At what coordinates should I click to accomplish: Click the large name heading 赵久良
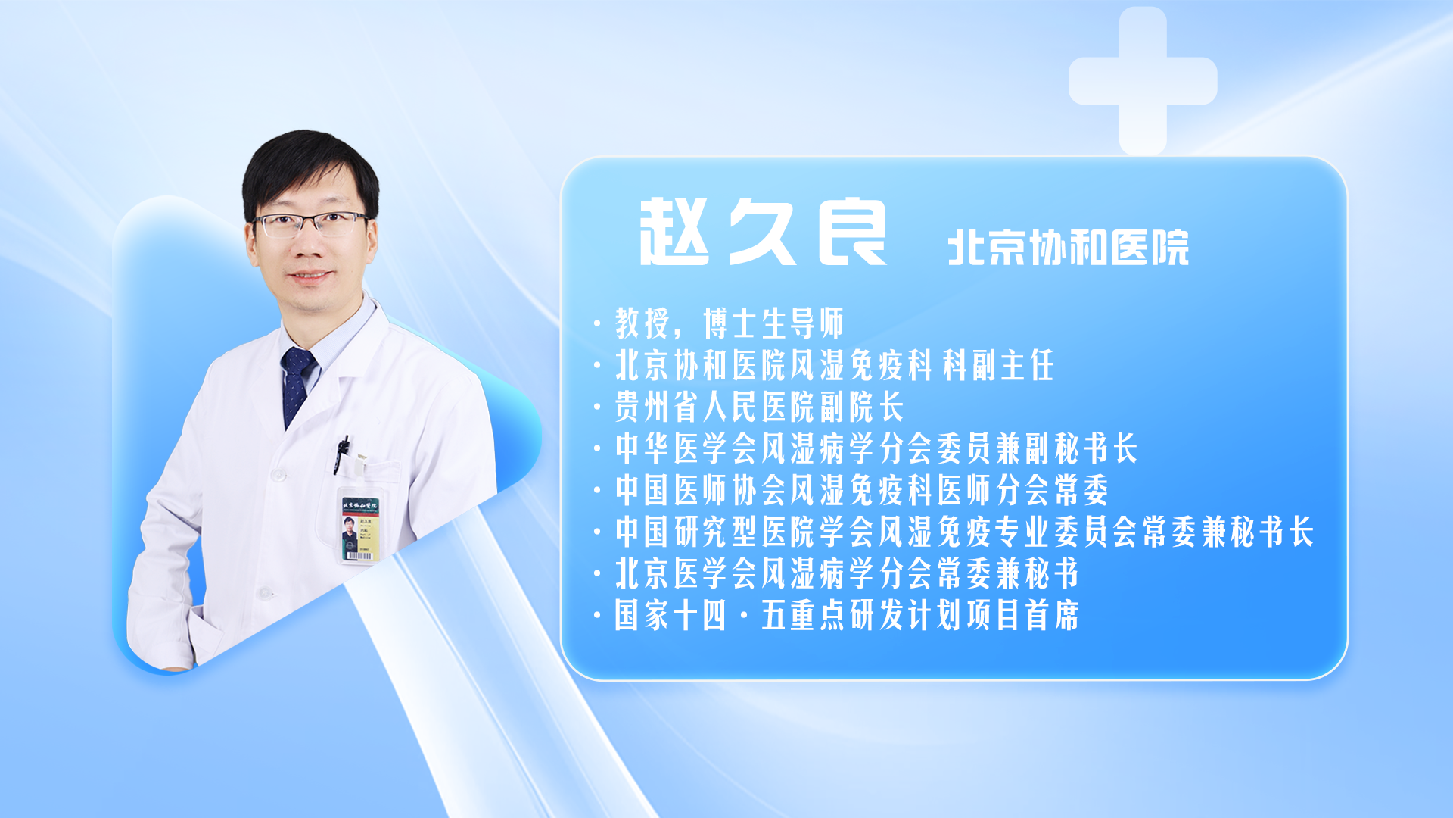[763, 232]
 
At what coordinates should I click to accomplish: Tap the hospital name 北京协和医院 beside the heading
[1068, 248]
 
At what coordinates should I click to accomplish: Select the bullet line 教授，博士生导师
[729, 323]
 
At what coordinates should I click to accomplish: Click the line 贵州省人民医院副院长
[759, 407]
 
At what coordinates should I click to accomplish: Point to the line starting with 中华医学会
[876, 448]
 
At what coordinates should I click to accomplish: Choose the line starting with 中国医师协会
[862, 490]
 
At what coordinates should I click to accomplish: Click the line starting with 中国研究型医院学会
[964, 532]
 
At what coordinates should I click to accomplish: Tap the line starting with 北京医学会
[847, 573]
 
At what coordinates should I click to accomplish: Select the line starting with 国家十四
[847, 615]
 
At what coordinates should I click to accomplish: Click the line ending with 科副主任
[834, 365]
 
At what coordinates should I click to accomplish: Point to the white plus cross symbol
[1143, 81]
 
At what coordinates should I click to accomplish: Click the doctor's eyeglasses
[310, 224]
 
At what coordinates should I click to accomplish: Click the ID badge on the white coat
[359, 529]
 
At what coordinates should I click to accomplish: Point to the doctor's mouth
[311, 276]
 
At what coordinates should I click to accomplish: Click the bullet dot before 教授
[597, 324]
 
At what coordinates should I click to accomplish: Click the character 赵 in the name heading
[674, 232]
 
